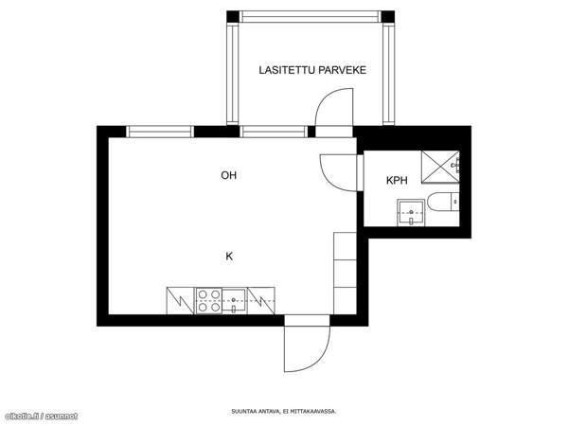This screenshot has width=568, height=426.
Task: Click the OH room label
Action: click(228, 175)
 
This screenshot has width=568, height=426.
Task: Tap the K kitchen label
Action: click(229, 257)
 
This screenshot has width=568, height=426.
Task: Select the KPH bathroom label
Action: click(397, 180)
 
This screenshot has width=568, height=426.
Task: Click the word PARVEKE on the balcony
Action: click(345, 70)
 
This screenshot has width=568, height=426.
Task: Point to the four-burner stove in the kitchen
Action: click(209, 301)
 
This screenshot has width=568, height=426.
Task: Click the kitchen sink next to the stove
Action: click(234, 301)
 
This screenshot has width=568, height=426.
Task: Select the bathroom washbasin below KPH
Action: click(411, 212)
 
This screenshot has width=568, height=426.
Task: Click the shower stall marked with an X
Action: click(440, 167)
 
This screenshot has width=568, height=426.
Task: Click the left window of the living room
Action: click(160, 132)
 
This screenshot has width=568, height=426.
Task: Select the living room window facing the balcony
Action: click(274, 132)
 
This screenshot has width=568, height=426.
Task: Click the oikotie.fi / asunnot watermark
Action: click(42, 417)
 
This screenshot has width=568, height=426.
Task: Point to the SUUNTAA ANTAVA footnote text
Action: click(284, 412)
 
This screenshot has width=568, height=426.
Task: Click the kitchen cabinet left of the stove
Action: click(181, 301)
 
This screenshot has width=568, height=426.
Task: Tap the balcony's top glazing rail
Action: click(311, 17)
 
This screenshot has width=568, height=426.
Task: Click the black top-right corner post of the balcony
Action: click(388, 17)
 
